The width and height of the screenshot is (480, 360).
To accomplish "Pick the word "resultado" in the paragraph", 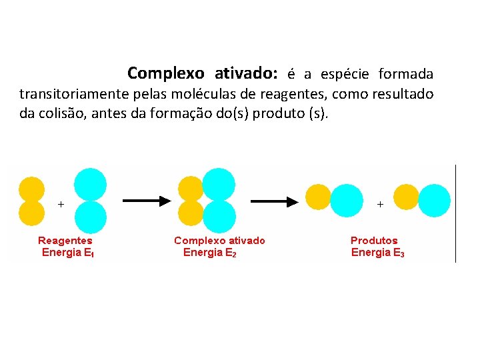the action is [x=400, y=93].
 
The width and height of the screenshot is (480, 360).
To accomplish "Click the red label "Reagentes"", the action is [x=65, y=240].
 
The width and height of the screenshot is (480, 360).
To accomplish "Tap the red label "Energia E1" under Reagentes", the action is [x=67, y=253].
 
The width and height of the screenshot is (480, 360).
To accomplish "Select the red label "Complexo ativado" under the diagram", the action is [x=219, y=240].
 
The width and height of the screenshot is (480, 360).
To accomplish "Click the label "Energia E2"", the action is [x=209, y=253].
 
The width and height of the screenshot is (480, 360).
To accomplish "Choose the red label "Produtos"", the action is [x=374, y=240].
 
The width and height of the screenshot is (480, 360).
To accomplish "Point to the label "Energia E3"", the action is [x=377, y=253].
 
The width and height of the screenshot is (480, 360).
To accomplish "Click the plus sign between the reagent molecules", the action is [x=61, y=204].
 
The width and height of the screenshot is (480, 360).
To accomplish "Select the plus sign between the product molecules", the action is [x=381, y=204].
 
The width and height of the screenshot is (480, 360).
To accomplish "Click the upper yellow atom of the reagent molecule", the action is [x=31, y=189].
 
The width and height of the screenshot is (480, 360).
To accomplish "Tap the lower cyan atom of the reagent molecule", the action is [x=90, y=217].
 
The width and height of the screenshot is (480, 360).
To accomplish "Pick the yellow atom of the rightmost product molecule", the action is [x=406, y=197].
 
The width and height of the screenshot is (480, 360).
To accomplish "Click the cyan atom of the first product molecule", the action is [x=347, y=200].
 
